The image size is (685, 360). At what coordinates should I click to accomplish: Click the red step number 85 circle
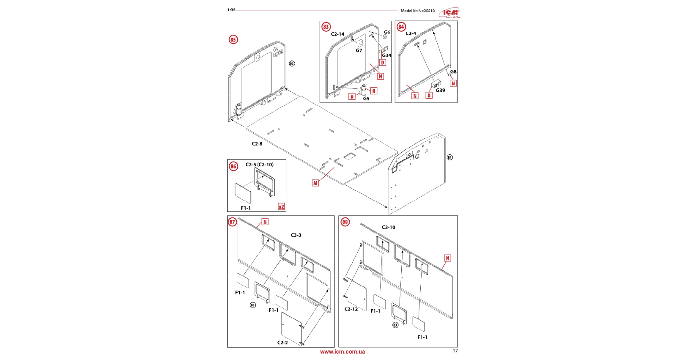coord(233,40)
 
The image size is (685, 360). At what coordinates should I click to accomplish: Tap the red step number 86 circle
coord(233,166)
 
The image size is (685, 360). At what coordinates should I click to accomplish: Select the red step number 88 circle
coord(345,222)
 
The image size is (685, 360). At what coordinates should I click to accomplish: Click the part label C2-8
coord(257,144)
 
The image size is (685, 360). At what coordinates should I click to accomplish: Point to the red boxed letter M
coord(315,183)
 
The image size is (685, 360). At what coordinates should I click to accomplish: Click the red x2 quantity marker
coord(281,207)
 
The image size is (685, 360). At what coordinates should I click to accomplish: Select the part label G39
coord(440,91)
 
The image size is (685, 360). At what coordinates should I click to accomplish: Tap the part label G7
coord(359,51)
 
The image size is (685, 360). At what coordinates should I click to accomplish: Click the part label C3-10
coord(388,228)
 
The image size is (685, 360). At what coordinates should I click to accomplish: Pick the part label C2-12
coord(351,309)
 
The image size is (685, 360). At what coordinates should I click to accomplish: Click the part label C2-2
coord(282,343)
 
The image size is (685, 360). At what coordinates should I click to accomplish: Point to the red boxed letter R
coord(373,91)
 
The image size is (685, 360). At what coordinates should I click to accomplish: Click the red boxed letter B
coord(429,96)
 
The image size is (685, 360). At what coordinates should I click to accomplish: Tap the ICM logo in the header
coord(449,13)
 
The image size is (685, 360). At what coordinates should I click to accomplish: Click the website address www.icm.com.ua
coord(342,352)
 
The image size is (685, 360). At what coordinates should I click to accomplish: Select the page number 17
coord(455,351)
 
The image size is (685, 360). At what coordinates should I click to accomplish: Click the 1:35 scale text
coord(231,10)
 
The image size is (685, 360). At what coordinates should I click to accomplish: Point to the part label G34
coord(386,55)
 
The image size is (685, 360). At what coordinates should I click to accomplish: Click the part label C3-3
coord(296,235)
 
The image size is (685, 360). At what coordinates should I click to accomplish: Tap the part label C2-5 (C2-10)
coord(260,165)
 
